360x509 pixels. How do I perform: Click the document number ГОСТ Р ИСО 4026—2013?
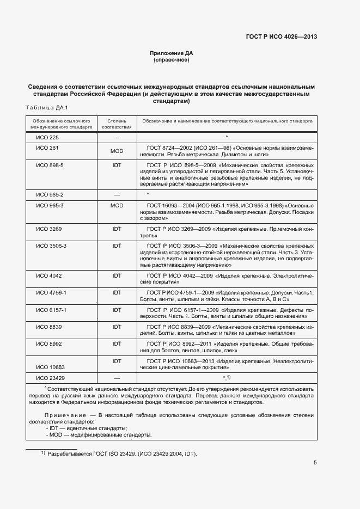point(279,37)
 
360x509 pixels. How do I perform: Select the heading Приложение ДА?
point(172,53)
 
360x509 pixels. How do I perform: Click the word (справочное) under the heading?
point(172,60)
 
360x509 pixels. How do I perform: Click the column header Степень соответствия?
point(117,123)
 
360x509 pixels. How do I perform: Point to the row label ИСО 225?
point(47,137)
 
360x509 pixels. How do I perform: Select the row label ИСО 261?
point(47,148)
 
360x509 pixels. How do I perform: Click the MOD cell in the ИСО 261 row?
point(117,151)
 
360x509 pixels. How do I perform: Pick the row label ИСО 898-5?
point(50,165)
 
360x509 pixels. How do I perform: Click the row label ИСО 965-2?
point(50,195)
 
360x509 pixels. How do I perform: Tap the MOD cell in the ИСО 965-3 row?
point(117,206)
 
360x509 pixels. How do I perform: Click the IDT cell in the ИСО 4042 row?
point(117,276)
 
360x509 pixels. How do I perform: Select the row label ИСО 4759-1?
point(51,293)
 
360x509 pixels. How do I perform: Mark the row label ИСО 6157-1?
point(51,310)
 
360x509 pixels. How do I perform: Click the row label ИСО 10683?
point(50,367)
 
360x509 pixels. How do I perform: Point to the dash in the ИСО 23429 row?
point(117,378)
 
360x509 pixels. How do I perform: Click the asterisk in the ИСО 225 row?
point(226,137)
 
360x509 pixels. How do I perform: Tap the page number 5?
point(315,463)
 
